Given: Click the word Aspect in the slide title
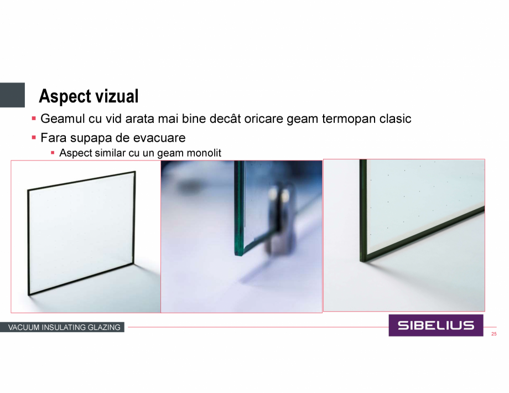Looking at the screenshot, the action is coord(61,96).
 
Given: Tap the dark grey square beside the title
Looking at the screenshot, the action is coord(12,95).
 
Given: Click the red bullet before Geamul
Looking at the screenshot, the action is coord(34,118).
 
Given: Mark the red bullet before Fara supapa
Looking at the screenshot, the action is coord(34,138).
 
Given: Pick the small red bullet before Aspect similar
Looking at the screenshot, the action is coord(53,153).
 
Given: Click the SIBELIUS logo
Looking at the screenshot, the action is coord(435,325).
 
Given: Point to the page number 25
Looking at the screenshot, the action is coord(494,334).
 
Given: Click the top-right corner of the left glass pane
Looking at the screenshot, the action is coord(135,172).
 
